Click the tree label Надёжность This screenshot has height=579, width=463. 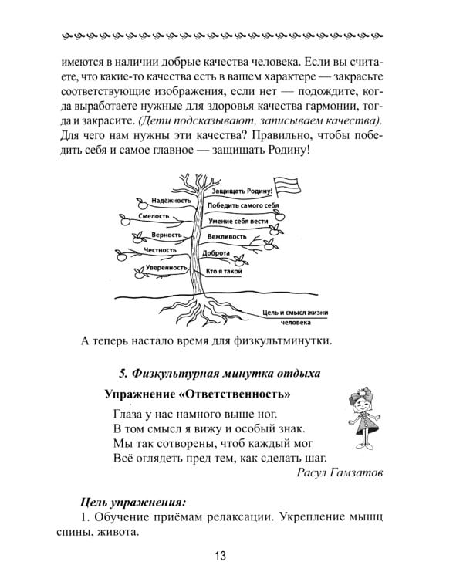[171, 200]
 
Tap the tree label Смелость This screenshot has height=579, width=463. [160, 218]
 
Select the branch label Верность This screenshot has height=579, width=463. [166, 235]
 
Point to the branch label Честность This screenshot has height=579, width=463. [160, 251]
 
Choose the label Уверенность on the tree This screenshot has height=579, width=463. [168, 268]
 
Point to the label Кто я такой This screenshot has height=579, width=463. [225, 272]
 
